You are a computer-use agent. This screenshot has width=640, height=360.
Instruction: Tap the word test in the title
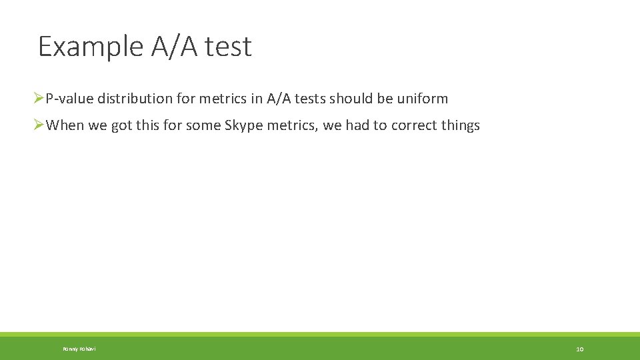tap(229, 47)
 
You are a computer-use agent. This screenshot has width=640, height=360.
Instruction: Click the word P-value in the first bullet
tap(69, 99)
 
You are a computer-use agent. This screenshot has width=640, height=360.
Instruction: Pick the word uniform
tap(422, 99)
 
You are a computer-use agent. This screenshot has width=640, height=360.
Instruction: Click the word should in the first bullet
tap(349, 99)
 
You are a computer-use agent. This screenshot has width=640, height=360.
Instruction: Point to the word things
tap(460, 125)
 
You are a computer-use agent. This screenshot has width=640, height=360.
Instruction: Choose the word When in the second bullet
tap(65, 125)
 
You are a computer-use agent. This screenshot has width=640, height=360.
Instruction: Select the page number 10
tap(579, 349)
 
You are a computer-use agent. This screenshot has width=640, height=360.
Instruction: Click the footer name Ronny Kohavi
tap(79, 349)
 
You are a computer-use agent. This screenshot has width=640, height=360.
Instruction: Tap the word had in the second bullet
tap(357, 125)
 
